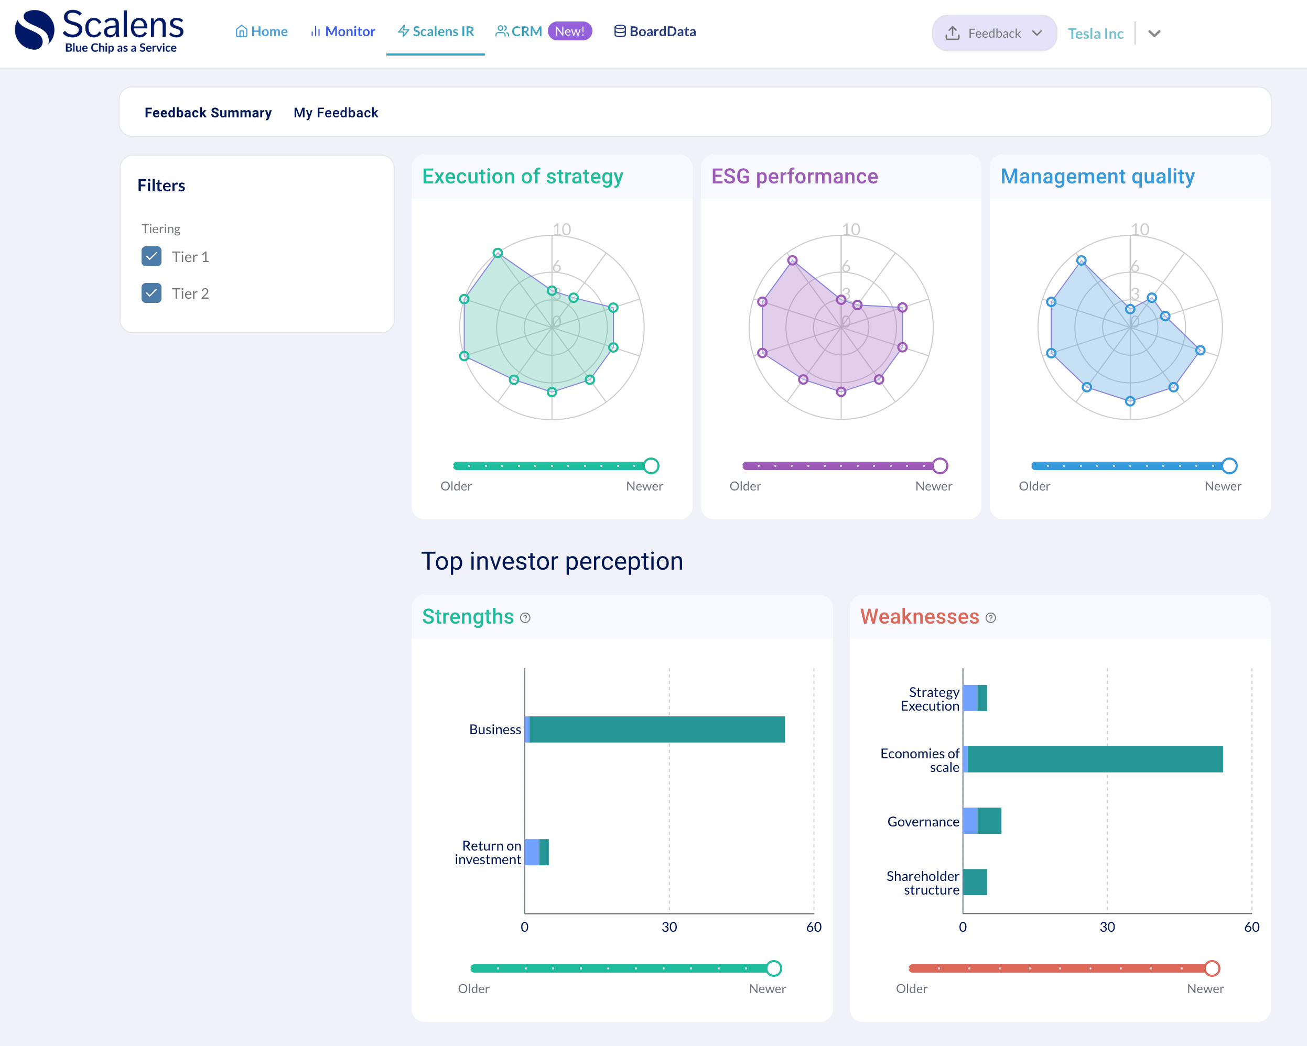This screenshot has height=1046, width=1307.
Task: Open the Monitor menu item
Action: pos(342,31)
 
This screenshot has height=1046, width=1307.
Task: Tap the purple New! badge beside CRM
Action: pos(569,31)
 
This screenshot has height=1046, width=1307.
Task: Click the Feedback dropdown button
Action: pos(993,34)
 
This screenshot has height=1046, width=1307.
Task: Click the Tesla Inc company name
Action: pos(1095,34)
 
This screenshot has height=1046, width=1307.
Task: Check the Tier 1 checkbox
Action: pos(152,256)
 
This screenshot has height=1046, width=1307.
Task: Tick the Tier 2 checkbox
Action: pos(152,293)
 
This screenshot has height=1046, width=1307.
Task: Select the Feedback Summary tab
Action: pos(208,113)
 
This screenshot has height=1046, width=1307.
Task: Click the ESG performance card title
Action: pos(794,177)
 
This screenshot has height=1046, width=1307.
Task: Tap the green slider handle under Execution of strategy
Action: pos(651,465)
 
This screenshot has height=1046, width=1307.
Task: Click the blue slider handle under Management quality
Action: pos(1229,465)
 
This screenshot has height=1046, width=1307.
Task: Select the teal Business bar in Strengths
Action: pos(656,729)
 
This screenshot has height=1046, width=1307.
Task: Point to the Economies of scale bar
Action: pos(1094,759)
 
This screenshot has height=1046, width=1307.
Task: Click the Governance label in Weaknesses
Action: pos(923,822)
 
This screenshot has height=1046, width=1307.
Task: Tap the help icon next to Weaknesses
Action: pos(990,617)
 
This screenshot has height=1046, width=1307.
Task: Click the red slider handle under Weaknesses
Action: pos(1212,968)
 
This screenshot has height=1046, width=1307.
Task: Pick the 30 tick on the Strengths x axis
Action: pos(669,927)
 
